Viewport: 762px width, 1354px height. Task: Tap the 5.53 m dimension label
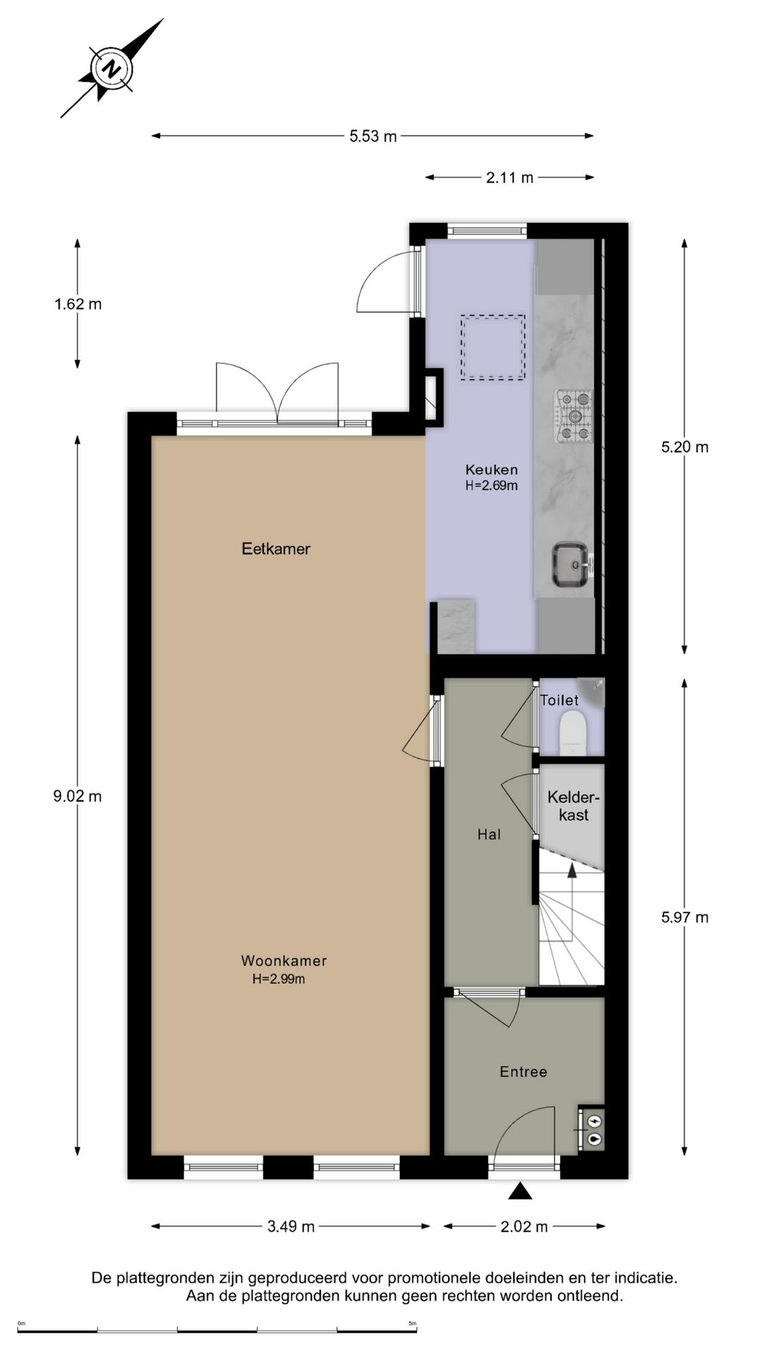(x=373, y=136)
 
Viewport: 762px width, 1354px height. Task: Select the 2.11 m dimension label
(x=509, y=178)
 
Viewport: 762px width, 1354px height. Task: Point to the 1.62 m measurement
(x=78, y=304)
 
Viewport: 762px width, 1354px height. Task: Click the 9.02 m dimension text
(x=78, y=796)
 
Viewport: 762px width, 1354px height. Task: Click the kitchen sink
(x=570, y=564)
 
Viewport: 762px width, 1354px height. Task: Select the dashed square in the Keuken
(x=493, y=348)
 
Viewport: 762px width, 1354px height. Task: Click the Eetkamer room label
(x=276, y=549)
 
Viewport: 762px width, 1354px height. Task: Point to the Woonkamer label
(x=284, y=960)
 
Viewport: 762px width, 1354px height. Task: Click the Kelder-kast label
(x=574, y=806)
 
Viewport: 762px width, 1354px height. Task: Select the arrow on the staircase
(x=572, y=872)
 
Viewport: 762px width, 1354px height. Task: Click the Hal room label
(x=489, y=834)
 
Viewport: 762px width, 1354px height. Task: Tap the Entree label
(x=523, y=1071)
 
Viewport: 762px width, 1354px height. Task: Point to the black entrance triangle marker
(x=521, y=1192)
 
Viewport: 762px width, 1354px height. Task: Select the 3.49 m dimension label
(x=291, y=1226)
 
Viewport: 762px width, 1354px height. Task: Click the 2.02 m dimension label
(x=524, y=1226)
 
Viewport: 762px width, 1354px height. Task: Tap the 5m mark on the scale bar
(x=413, y=1323)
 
